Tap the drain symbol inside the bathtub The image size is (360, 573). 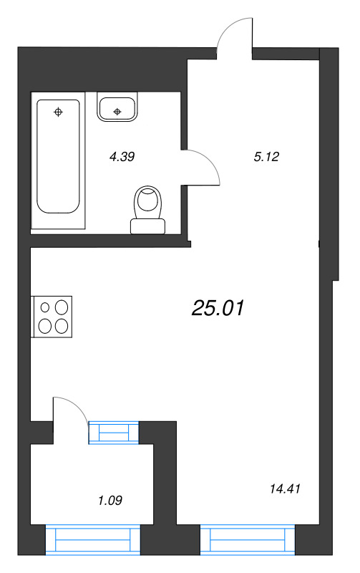point(59,111)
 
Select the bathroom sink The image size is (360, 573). point(118,108)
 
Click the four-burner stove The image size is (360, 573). point(53,316)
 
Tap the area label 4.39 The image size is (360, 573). point(122,156)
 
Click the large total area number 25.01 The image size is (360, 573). point(218,309)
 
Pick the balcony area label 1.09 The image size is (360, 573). point(110,500)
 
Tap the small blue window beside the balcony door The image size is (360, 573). point(112,433)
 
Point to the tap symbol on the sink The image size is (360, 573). point(118,112)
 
